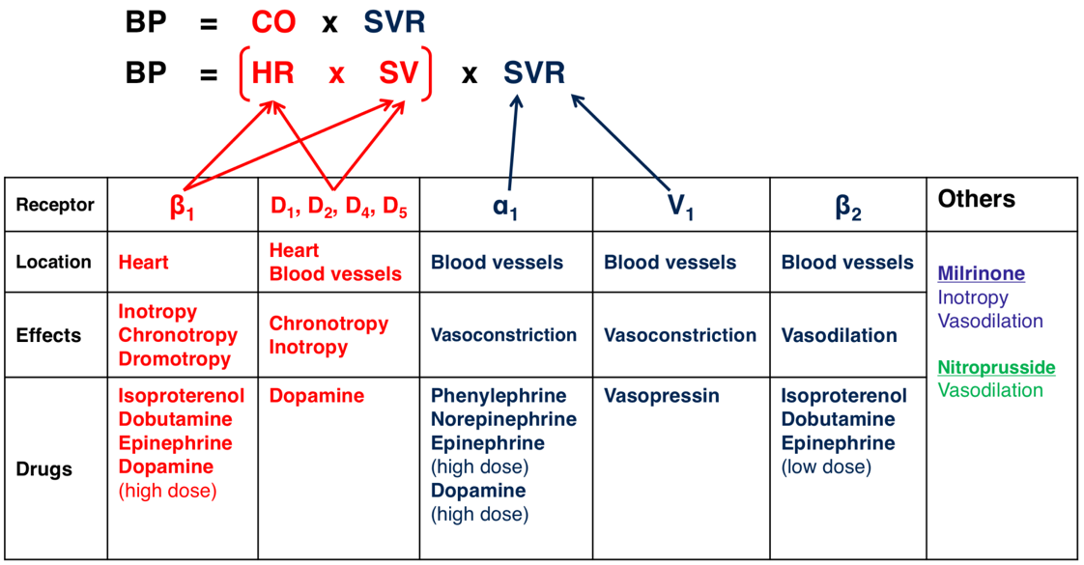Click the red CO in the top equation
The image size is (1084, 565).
[x=273, y=22]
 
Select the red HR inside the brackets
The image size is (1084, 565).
[x=273, y=72]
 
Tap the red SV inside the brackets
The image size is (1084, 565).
[x=399, y=72]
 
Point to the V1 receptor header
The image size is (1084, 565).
[x=680, y=206]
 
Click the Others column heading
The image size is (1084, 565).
[x=976, y=199]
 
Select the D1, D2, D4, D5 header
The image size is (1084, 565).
[x=339, y=207]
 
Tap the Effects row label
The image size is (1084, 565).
[x=48, y=335]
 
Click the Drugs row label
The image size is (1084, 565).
[x=43, y=469]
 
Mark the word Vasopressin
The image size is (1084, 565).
[x=662, y=396]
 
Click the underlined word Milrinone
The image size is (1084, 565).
[x=981, y=273]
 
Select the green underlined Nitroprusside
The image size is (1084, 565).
[x=996, y=367]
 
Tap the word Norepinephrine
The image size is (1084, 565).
[x=504, y=419]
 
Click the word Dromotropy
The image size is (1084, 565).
[x=174, y=359]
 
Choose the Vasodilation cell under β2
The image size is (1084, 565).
[x=840, y=335]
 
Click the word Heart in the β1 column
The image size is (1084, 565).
[x=143, y=263]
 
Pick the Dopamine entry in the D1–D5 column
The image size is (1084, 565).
[x=317, y=396]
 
